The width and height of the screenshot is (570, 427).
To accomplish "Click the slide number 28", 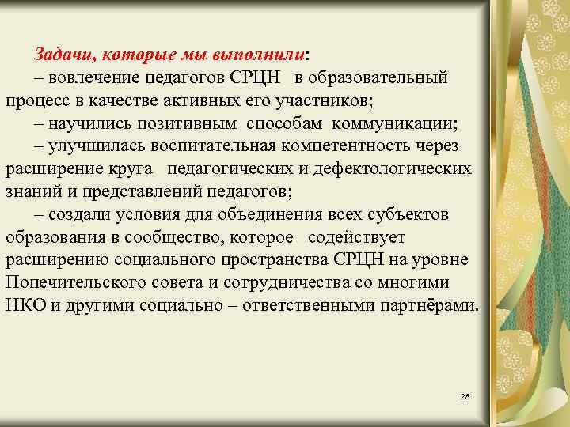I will click(x=465, y=395).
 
